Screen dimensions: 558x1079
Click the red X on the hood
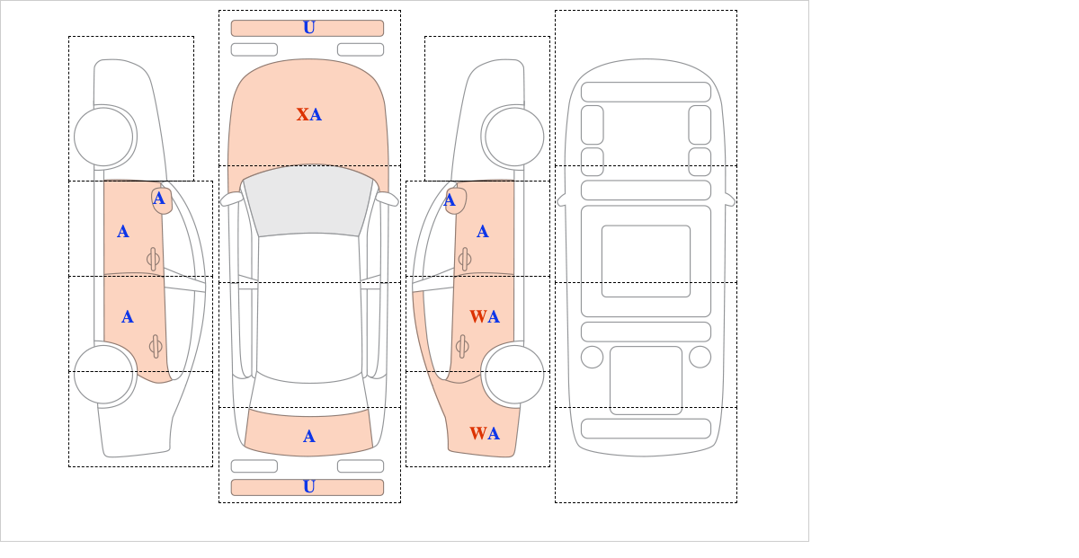click(x=303, y=115)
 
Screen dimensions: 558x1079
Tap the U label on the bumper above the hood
click(x=308, y=28)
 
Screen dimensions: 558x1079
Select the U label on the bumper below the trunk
click(x=308, y=487)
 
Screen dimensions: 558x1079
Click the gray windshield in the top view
click(x=308, y=201)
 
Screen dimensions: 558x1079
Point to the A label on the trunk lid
click(x=308, y=437)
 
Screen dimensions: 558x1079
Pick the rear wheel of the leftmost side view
click(x=104, y=374)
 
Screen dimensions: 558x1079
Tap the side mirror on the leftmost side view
click(x=162, y=200)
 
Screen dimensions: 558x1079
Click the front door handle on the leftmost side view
click(x=153, y=259)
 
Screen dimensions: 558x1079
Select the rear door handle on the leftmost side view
click(x=155, y=346)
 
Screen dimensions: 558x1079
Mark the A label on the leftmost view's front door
click(x=123, y=232)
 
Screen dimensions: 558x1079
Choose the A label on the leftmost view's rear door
click(x=128, y=317)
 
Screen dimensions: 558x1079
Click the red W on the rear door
click(x=477, y=317)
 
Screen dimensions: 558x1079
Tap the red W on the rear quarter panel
click(x=477, y=435)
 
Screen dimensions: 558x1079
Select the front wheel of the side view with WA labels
click(x=514, y=137)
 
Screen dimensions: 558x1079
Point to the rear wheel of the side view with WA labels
click(x=513, y=374)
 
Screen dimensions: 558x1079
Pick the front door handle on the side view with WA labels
click(x=464, y=259)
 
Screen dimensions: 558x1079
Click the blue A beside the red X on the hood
click(x=316, y=115)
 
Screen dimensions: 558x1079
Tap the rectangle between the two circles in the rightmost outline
click(x=646, y=379)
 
